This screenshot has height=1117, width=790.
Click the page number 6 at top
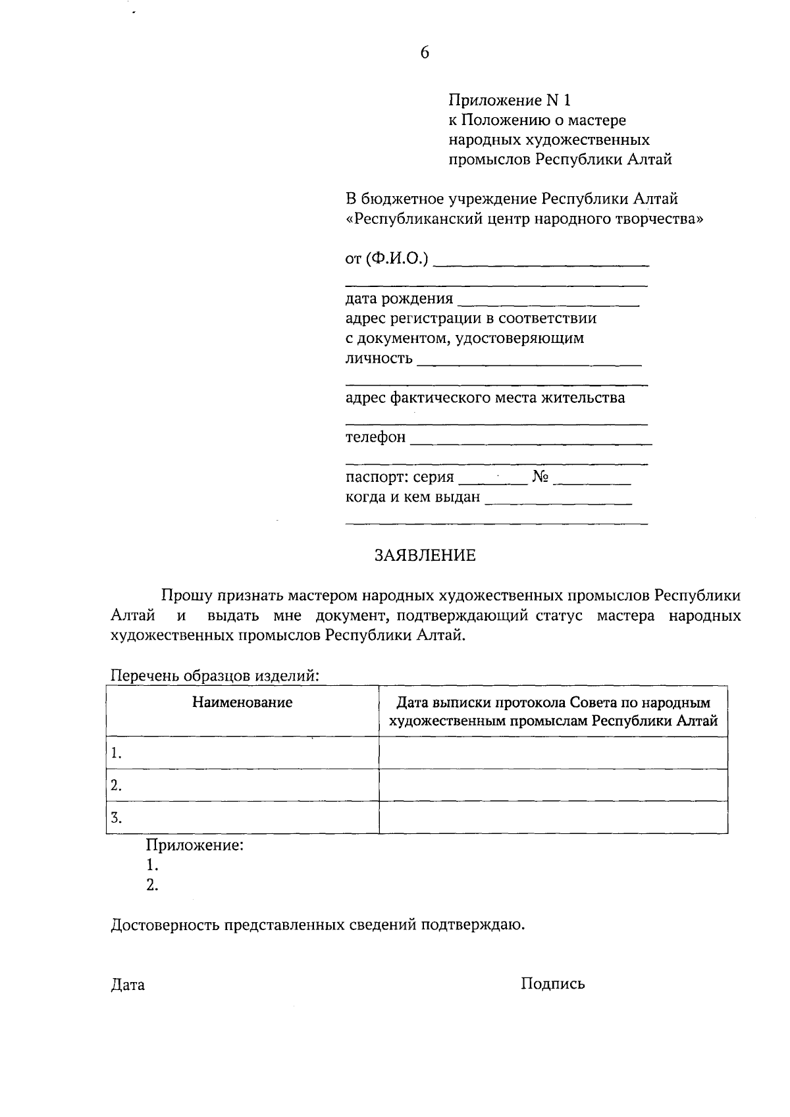424,53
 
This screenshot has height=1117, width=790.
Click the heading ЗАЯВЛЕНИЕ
425,556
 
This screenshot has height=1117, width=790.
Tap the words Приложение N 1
509,100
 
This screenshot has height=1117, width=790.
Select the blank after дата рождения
548,302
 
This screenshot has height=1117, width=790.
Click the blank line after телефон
531,441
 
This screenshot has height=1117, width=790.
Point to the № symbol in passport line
540,477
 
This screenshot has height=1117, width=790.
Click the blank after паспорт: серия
492,481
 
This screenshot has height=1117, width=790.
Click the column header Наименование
242,702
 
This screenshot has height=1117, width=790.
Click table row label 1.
117,753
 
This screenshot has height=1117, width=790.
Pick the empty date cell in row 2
553,785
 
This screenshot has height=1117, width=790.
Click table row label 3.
117,818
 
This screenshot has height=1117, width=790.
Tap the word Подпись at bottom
552,984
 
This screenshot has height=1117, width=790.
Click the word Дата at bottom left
128,985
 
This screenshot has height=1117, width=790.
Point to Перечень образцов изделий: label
215,675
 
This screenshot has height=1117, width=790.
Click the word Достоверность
165,925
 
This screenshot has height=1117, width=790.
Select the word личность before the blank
379,358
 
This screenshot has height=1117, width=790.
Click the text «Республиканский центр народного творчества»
524,219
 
